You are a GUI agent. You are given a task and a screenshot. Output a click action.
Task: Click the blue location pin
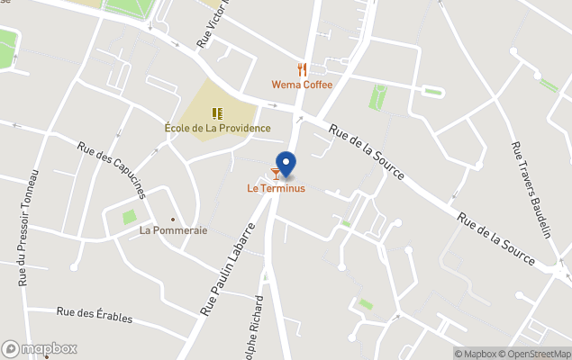coord(286,163)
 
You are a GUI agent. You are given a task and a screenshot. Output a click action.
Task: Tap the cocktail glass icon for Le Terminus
coord(276,174)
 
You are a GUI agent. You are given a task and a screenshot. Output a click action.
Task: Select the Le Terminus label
coord(277,189)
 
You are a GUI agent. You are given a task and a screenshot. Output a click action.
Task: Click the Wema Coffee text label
coord(302,85)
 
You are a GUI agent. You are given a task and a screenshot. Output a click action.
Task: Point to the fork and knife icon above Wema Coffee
coord(302,69)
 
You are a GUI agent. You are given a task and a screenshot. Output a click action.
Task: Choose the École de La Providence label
coord(217,128)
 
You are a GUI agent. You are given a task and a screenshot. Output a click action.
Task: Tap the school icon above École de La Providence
coord(217,112)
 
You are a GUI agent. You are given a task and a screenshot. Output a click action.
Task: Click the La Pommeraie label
coord(173,230)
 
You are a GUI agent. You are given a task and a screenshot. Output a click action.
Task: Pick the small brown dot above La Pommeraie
coord(173,219)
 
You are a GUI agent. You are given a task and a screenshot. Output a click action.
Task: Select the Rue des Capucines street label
coord(112,169)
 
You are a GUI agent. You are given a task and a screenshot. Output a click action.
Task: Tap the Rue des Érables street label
coord(94,315)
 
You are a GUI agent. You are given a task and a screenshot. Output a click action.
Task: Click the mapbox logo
coord(40,348)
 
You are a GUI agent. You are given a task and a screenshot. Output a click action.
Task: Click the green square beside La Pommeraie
coord(129,216)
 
